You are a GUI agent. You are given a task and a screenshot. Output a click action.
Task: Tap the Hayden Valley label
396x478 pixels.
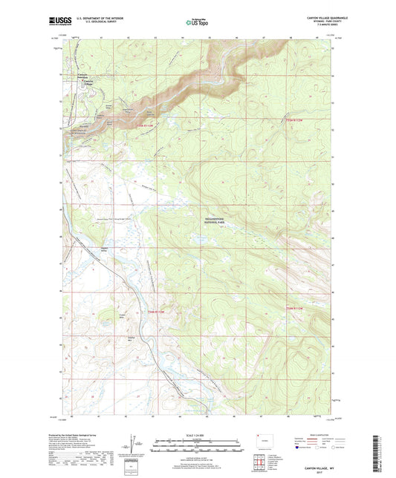(x=105, y=250)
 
